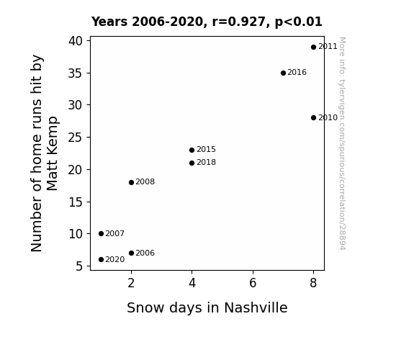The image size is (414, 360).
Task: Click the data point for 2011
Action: click(x=313, y=48)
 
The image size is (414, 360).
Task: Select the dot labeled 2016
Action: click(x=283, y=73)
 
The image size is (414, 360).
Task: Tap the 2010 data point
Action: click(x=313, y=118)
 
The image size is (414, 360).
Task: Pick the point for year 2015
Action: click(x=192, y=150)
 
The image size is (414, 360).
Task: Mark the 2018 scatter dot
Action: click(x=192, y=163)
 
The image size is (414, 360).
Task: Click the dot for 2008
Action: click(x=131, y=182)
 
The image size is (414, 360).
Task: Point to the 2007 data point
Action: click(x=101, y=234)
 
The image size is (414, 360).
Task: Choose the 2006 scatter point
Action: click(x=131, y=253)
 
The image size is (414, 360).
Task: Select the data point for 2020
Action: click(x=101, y=260)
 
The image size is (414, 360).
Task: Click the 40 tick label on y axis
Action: click(x=76, y=41)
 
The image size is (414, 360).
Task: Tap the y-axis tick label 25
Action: click(x=76, y=138)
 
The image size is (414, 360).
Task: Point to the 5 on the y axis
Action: click(x=79, y=266)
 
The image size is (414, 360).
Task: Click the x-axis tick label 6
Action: click(x=253, y=283)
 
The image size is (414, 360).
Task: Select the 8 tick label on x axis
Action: click(x=313, y=283)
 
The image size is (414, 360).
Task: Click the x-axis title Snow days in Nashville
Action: click(x=207, y=308)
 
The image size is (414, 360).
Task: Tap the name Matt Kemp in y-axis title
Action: click(x=53, y=153)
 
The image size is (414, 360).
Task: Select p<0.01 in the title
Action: click(x=299, y=22)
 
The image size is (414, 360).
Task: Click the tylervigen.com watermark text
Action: click(x=342, y=143)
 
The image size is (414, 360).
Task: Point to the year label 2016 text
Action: click(x=297, y=73)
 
